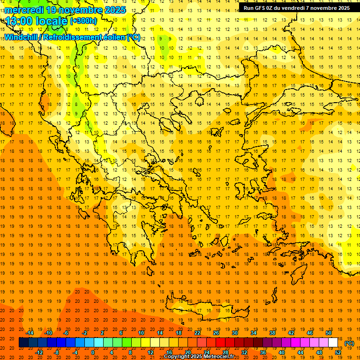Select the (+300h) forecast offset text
(83, 21)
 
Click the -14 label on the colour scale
(30, 333)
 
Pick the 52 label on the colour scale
(338, 352)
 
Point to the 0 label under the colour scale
(93, 352)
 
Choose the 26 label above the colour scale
(216, 333)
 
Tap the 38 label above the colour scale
(272, 333)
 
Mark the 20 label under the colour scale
(188, 352)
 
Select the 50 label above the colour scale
(329, 333)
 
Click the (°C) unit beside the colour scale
(349, 343)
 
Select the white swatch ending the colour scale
(333, 343)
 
